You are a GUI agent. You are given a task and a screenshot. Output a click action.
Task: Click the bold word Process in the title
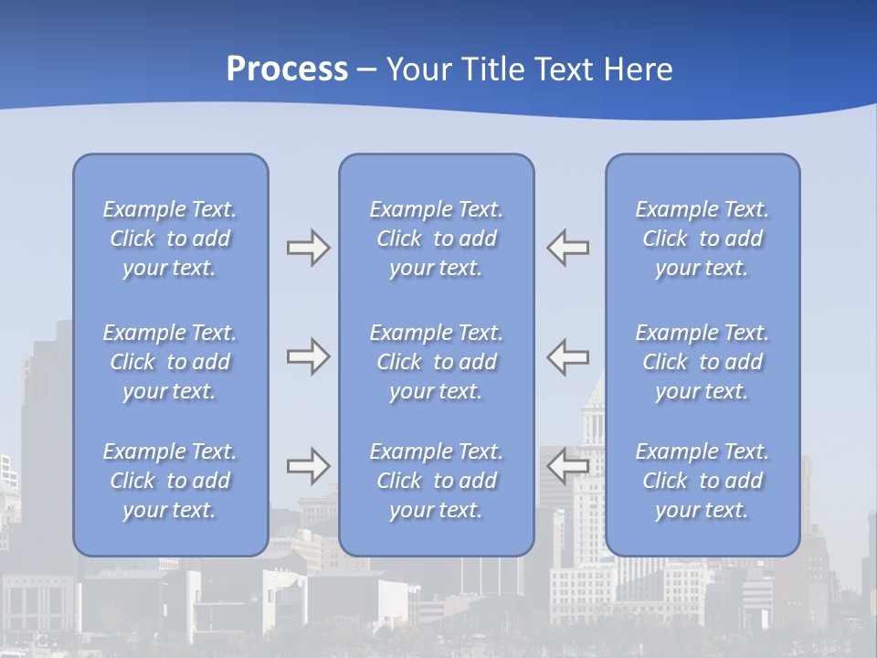287,69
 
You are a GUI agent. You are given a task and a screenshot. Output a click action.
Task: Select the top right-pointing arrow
308,248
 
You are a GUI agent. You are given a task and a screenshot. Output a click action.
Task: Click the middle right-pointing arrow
308,356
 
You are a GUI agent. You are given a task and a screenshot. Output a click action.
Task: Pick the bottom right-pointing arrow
308,466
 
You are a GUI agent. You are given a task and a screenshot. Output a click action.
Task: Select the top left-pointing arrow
568,248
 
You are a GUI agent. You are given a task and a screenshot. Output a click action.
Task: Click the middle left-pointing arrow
568,356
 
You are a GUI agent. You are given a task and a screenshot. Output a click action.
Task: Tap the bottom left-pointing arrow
568,466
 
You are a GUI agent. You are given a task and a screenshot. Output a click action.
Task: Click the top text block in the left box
170,239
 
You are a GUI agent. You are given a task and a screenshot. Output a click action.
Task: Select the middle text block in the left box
170,362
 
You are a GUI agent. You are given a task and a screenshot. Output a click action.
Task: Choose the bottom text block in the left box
170,481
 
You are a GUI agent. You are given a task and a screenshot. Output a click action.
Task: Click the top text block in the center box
436,239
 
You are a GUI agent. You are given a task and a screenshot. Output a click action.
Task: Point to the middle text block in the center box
436,362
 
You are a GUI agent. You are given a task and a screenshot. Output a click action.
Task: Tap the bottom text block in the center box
436,481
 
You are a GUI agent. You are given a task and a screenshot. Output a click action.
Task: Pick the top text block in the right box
702,239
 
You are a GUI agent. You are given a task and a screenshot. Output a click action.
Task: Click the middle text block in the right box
702,362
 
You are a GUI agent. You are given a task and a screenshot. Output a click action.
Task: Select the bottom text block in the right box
702,481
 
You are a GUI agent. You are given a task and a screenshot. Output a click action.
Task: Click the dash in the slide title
367,70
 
